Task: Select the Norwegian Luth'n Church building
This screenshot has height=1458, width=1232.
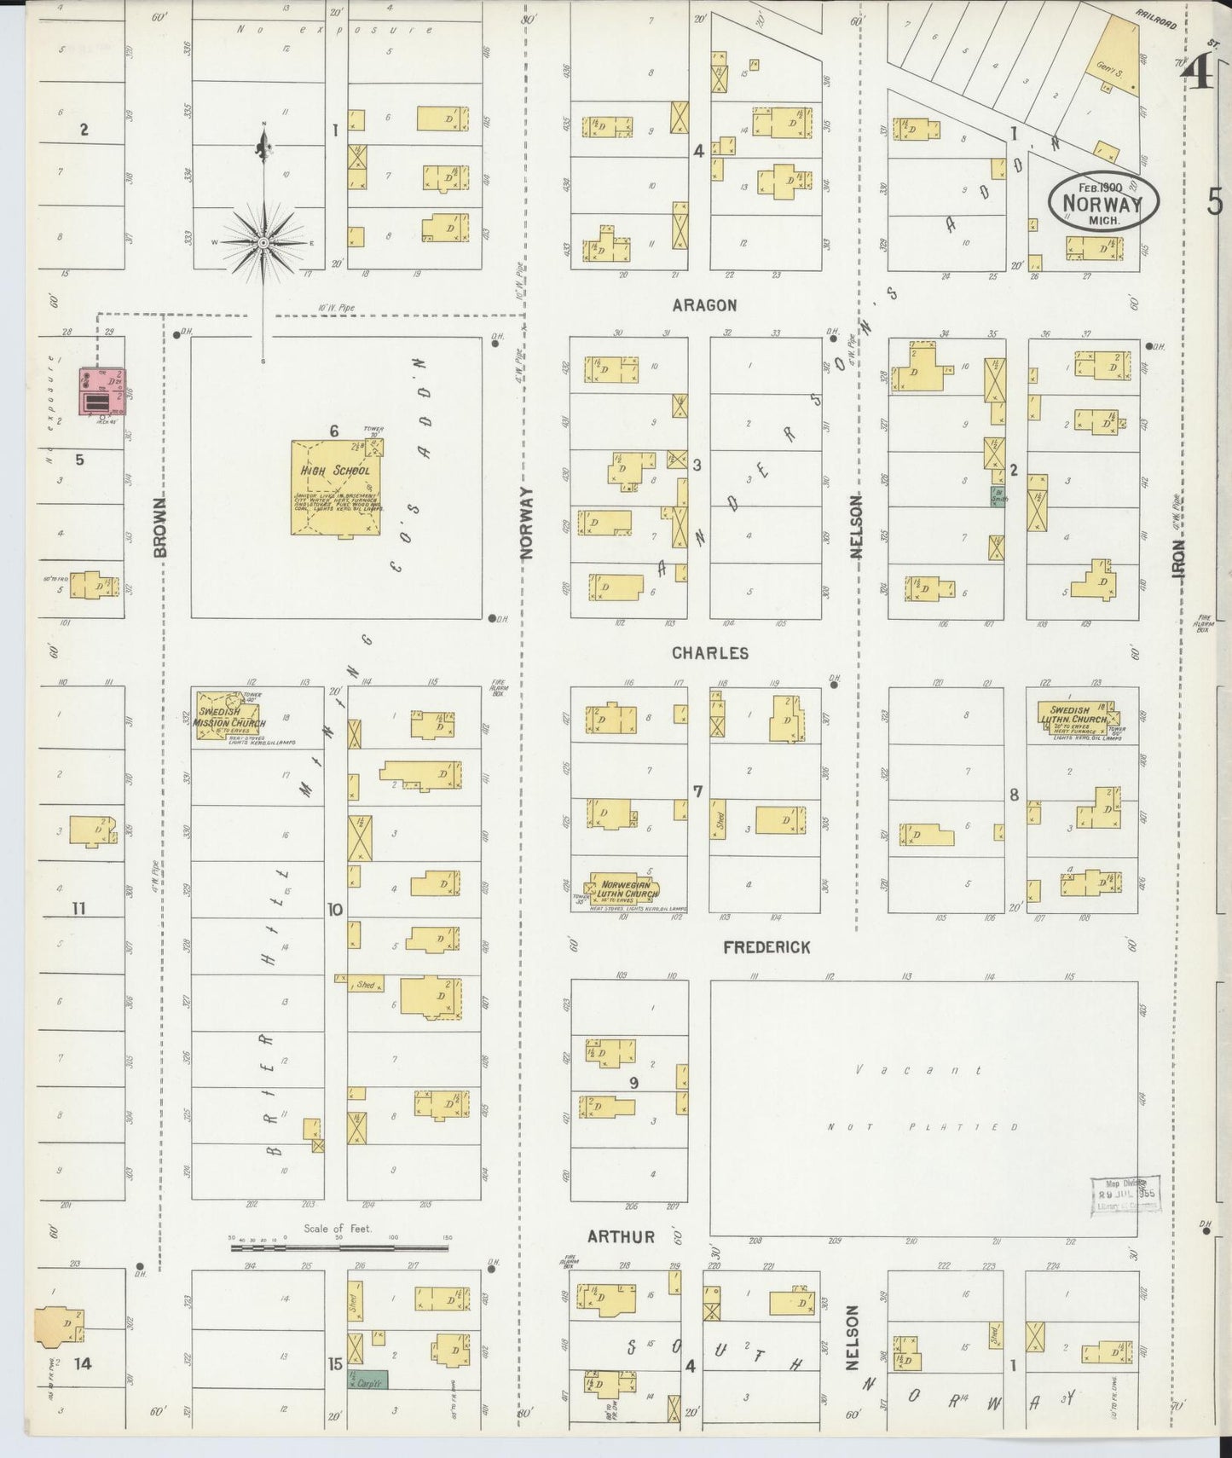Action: (626, 888)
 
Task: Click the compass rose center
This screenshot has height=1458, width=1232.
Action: (264, 242)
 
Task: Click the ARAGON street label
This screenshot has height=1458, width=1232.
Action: (703, 305)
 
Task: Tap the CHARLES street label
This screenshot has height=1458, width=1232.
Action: (709, 653)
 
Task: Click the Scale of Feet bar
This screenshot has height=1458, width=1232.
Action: (339, 1248)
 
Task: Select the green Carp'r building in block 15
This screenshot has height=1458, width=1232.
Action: (367, 1379)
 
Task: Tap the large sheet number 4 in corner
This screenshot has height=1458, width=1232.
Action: (1198, 75)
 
